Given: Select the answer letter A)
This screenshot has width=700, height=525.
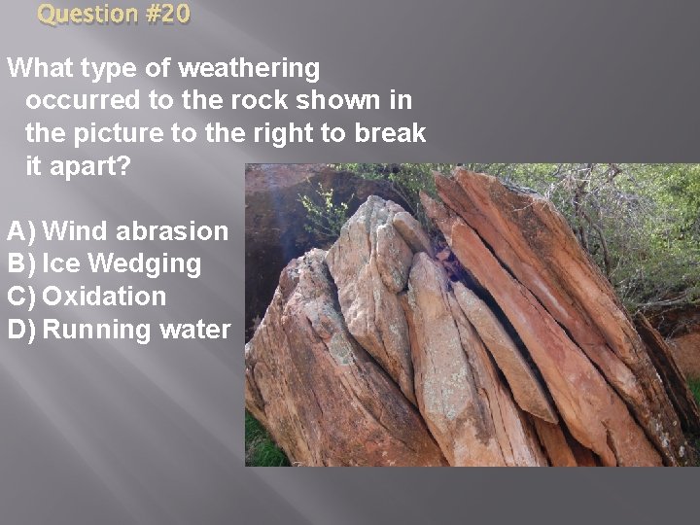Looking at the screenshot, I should point(21,231).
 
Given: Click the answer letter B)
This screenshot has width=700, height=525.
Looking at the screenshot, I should point(21,263).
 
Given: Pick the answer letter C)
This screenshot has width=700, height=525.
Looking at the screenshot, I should point(21,297).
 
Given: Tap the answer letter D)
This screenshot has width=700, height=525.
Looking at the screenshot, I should point(21,330).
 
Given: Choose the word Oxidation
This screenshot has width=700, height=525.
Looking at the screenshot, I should point(105,297).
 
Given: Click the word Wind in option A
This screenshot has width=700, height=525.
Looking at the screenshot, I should point(77,231).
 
